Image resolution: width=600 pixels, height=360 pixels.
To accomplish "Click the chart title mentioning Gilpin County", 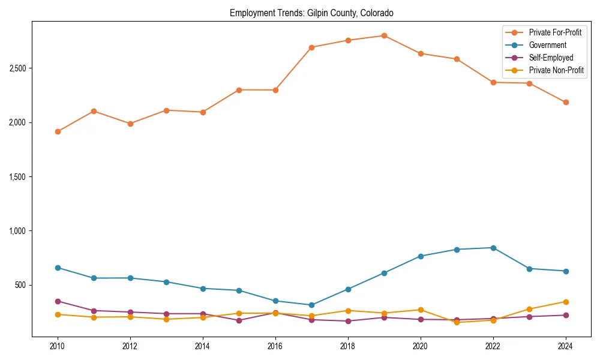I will click(x=311, y=13).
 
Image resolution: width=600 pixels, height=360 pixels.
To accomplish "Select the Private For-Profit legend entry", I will click(x=554, y=32).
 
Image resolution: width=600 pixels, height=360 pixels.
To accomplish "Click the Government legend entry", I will click(x=547, y=45).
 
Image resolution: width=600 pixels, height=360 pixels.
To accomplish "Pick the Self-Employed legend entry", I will click(x=551, y=58).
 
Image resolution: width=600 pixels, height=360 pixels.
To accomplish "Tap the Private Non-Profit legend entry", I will click(x=556, y=70).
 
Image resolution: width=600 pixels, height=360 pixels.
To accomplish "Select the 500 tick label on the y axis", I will click(x=21, y=285).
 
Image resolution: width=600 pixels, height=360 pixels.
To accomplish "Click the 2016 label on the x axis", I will click(x=275, y=346).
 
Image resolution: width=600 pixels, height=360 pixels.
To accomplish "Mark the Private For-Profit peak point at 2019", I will click(x=384, y=35).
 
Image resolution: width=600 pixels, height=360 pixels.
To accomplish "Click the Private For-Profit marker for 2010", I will click(x=58, y=131).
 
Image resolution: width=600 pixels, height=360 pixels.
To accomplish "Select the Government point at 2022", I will click(x=493, y=248).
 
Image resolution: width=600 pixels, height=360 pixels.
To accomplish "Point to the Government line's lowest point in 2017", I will click(x=311, y=305).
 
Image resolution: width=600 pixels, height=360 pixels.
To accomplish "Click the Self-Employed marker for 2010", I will click(x=58, y=301).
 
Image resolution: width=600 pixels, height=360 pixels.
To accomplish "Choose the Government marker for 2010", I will click(x=58, y=268).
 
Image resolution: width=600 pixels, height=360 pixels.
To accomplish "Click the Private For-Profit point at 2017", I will click(x=311, y=47).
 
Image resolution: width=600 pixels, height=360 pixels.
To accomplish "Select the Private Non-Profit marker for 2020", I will click(x=421, y=310).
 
